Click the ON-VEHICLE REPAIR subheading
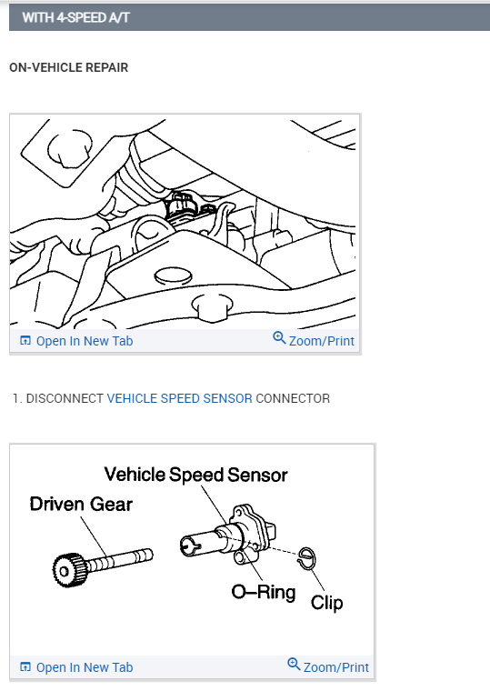point(68,67)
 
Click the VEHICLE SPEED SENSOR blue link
point(179,398)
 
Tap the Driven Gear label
point(80,504)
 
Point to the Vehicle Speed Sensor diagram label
point(195,475)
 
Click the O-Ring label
point(263,593)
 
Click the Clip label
point(326,602)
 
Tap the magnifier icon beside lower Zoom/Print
point(294,666)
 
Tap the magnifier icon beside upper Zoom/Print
point(279,339)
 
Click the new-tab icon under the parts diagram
point(25,667)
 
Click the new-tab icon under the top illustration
point(25,342)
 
